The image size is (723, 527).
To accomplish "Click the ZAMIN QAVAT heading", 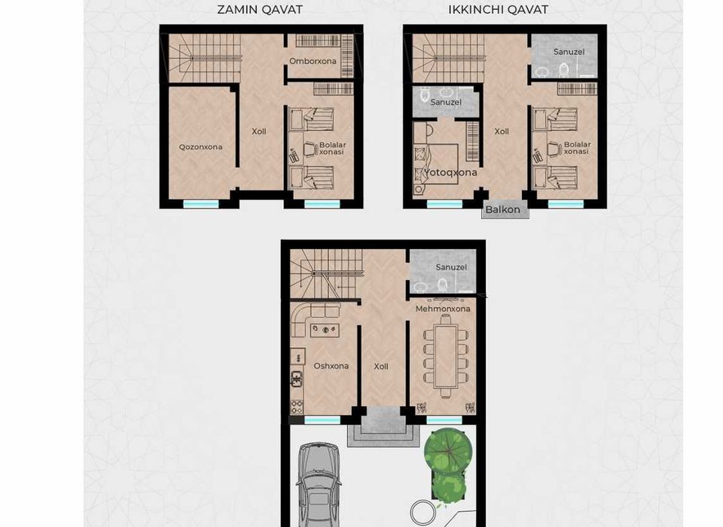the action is tap(260, 10).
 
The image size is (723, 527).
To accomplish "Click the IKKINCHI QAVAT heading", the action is tap(498, 10).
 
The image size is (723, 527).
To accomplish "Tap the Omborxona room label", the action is tap(313, 61).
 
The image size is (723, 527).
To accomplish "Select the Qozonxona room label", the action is tap(200, 147).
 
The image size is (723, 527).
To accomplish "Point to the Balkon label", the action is tap(502, 209).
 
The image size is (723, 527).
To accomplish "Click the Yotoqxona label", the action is tap(450, 172).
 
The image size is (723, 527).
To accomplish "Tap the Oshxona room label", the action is tap(331, 366).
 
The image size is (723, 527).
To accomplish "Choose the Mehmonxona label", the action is tap(443, 309).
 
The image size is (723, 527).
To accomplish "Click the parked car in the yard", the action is tap(319, 485).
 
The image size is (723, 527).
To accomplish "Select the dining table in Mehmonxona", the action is tap(446, 355).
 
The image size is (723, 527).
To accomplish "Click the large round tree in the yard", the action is tap(448, 452).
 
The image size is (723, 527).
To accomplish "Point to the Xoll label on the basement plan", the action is tap(259, 132).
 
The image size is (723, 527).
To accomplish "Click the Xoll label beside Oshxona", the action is tap(381, 367).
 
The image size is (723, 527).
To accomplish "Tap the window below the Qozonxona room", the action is tap(201, 204).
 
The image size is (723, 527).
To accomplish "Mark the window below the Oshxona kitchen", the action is tap(322, 420).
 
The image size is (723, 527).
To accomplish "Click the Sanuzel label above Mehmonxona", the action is tap(451, 267).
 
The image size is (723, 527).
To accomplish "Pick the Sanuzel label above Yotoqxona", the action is tap(446, 102).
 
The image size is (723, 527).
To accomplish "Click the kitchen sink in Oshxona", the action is tap(297, 379).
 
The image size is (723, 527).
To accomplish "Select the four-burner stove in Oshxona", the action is tap(297, 407).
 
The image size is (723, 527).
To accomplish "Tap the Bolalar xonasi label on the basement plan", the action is tap(332, 148).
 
